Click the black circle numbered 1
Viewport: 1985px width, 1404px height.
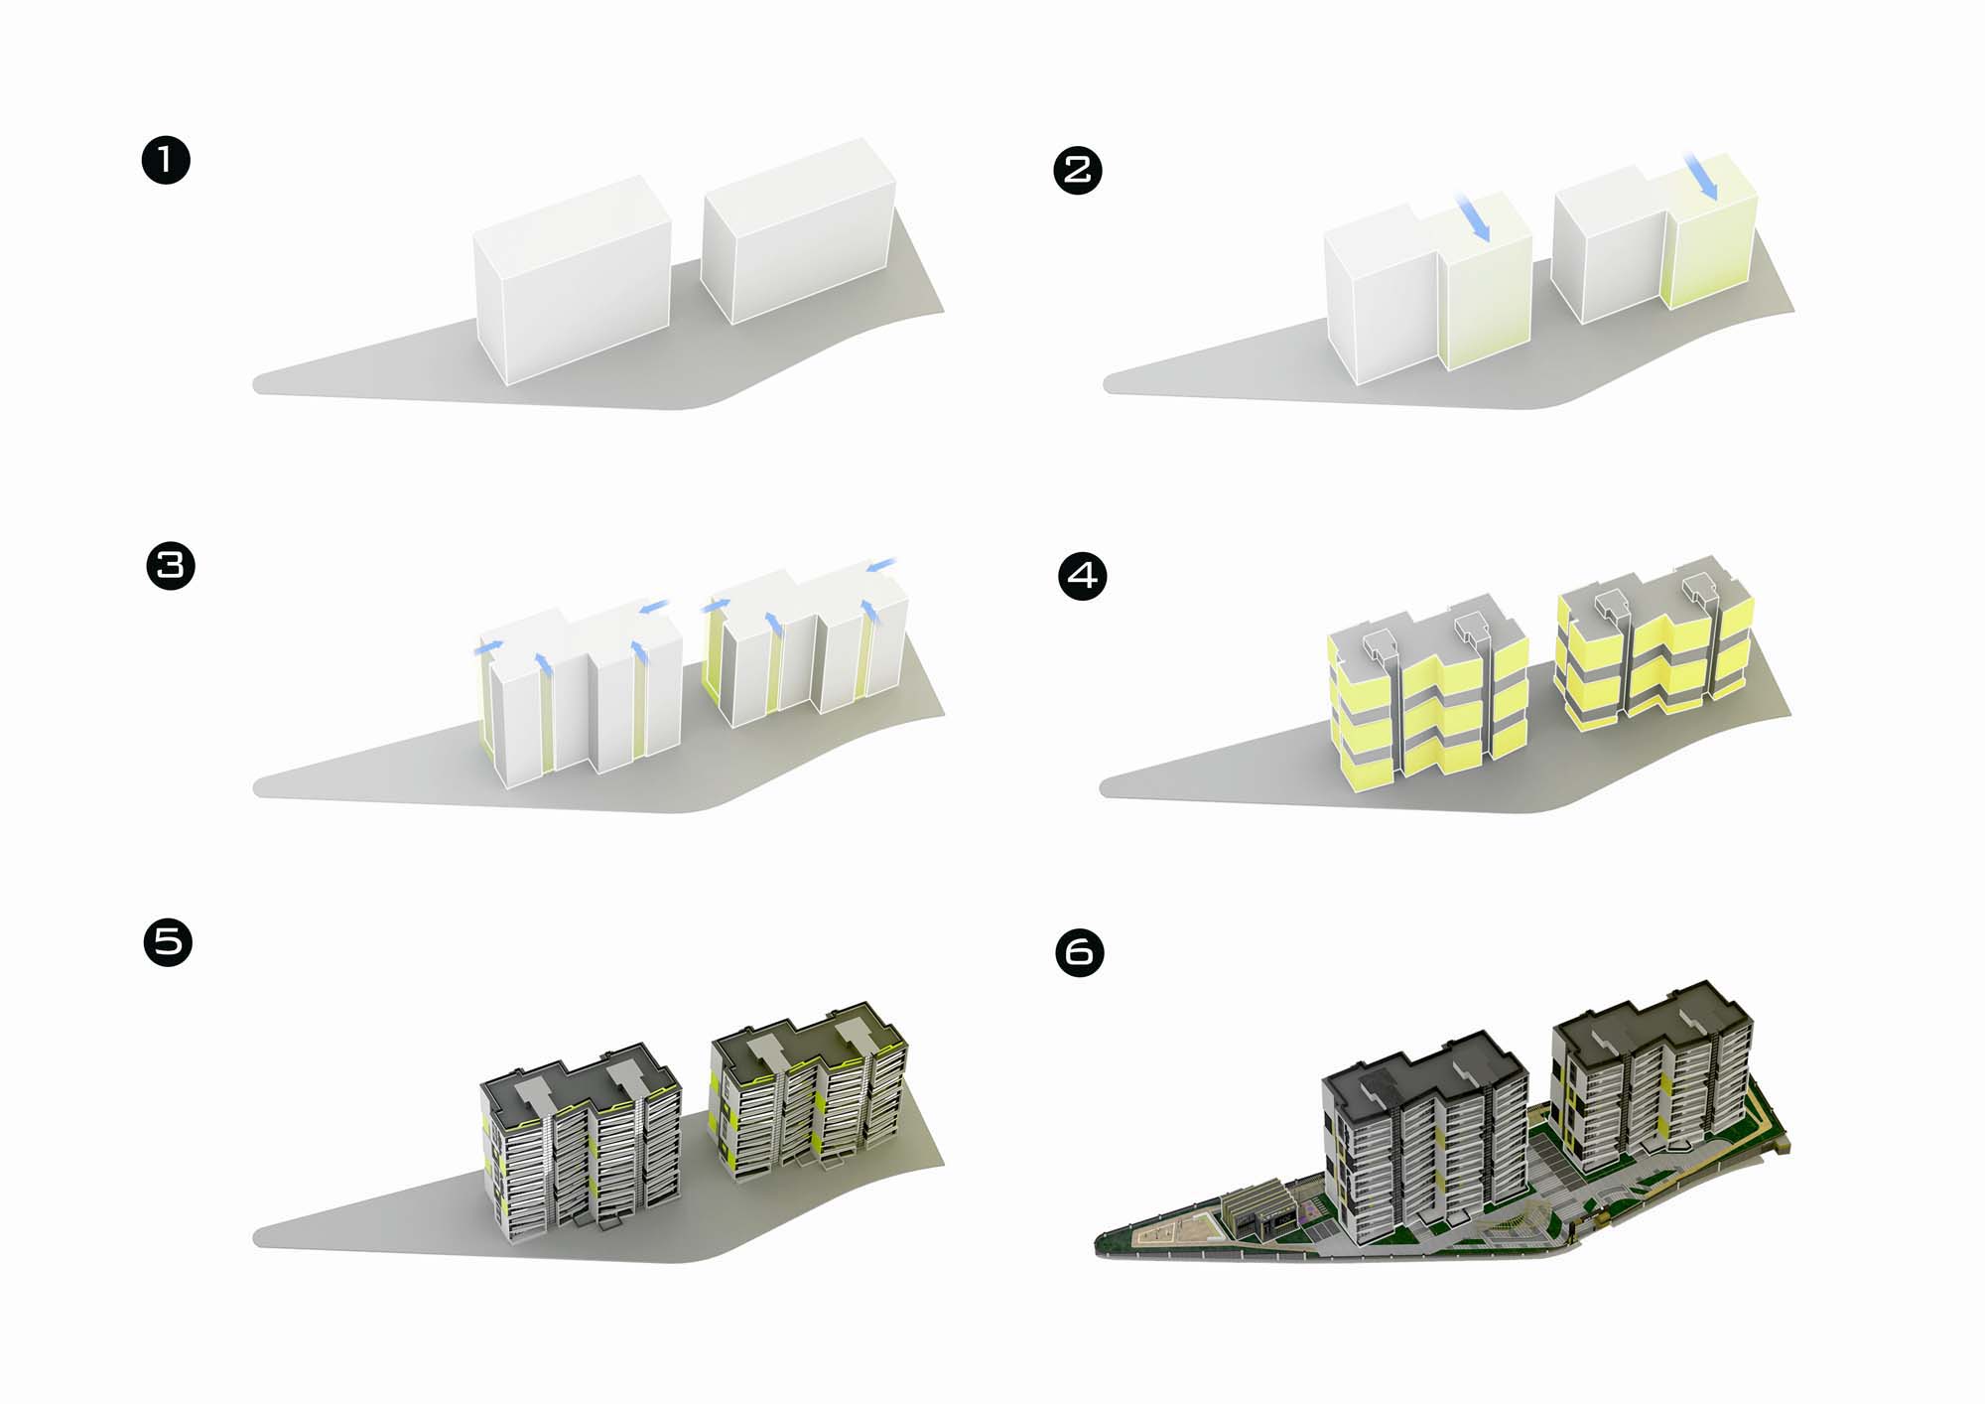coord(166,160)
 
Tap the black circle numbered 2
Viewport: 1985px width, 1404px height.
coord(1077,170)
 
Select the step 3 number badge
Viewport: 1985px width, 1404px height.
coord(171,566)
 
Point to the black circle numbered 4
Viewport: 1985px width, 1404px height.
coord(1083,576)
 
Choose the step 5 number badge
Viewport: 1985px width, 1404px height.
coord(168,941)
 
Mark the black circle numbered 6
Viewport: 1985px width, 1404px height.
coord(1080,952)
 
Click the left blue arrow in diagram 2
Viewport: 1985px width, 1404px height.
coord(1473,217)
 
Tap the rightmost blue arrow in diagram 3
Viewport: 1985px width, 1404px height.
coord(880,566)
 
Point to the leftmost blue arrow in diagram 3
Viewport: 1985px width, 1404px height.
coord(487,647)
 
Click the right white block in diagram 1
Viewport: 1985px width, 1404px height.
coord(797,234)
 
